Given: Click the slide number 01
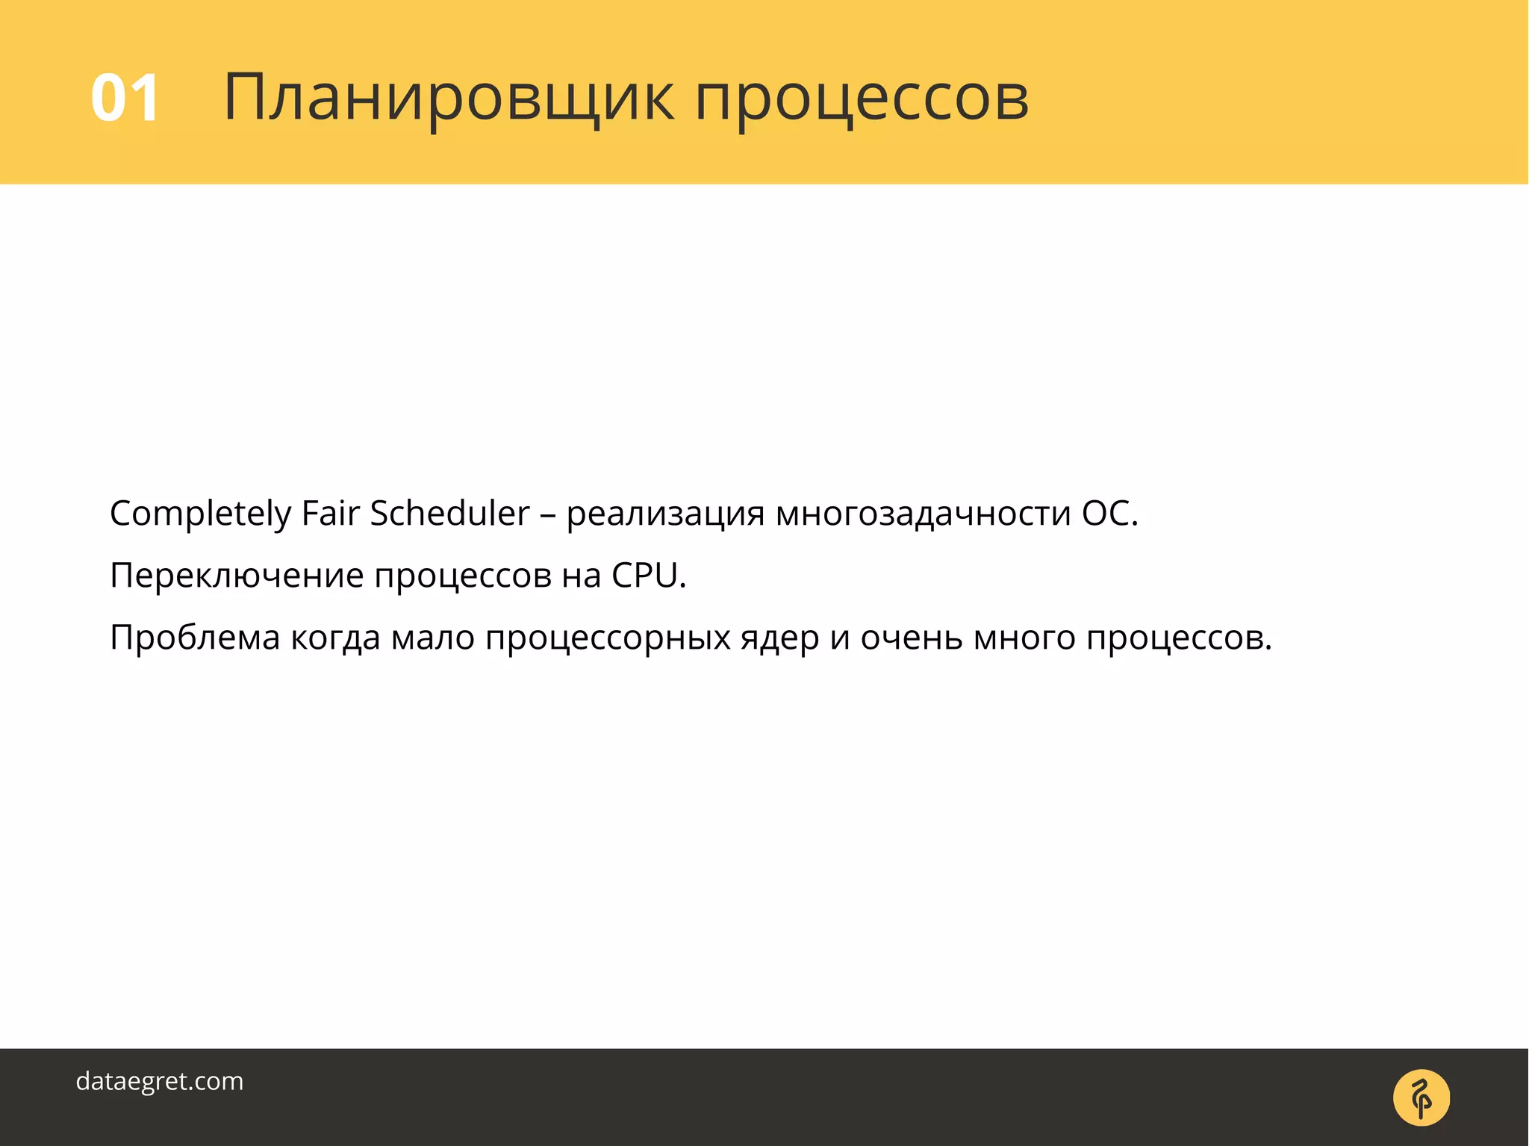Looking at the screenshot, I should (x=125, y=98).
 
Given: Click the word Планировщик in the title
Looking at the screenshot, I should (x=448, y=98).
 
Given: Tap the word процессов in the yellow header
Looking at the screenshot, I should (x=862, y=99).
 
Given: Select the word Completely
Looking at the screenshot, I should (x=200, y=514).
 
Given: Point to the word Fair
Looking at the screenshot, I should (x=330, y=514).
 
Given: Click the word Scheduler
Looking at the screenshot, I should (x=449, y=514).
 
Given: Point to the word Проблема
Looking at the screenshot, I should (x=195, y=638).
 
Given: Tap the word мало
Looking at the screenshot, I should (x=433, y=638).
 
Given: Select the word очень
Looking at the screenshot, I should (x=911, y=638).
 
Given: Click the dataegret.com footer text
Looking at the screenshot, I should (x=160, y=1082).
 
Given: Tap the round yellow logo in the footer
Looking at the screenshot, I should (x=1421, y=1097).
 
